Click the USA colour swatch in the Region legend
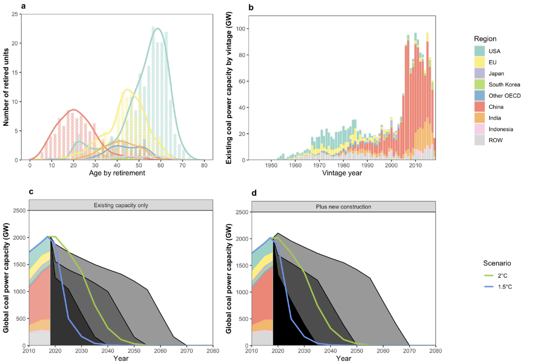(x=479, y=51)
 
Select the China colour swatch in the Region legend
(x=479, y=107)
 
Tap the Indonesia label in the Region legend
(x=501, y=129)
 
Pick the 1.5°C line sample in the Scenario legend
(x=489, y=287)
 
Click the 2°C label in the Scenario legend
(x=503, y=276)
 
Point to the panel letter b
(x=251, y=8)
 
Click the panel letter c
(x=31, y=192)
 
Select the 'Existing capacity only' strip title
(x=121, y=205)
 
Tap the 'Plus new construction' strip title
(x=343, y=207)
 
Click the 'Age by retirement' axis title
(x=117, y=173)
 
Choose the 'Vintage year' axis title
(x=342, y=173)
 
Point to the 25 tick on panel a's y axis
(x=15, y=14)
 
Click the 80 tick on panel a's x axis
(x=204, y=165)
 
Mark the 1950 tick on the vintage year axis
(x=271, y=165)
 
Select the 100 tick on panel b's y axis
(x=240, y=29)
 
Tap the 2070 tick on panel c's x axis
(x=187, y=351)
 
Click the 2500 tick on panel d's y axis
(x=242, y=212)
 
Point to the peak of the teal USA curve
(x=158, y=28)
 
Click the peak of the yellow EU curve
(x=128, y=89)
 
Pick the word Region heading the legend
(x=485, y=39)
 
